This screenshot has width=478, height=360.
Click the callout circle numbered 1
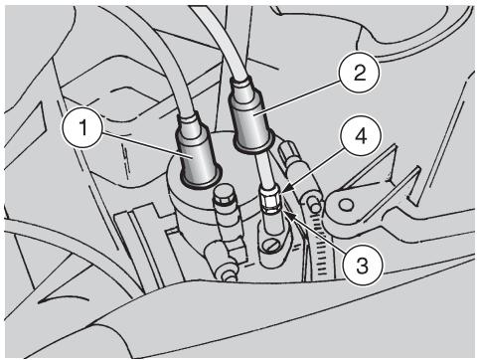(81, 128)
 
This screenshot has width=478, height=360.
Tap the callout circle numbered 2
(359, 73)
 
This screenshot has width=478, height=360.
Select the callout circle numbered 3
(362, 266)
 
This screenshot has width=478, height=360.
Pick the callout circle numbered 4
(361, 136)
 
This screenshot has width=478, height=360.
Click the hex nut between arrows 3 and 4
(270, 201)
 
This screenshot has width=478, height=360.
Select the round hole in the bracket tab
(345, 205)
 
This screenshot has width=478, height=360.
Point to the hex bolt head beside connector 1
(223, 197)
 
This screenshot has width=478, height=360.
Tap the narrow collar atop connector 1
(190, 121)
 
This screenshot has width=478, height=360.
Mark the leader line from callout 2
(297, 97)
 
